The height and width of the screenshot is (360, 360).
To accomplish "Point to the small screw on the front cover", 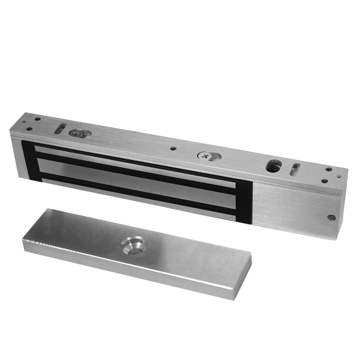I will pos(330,217).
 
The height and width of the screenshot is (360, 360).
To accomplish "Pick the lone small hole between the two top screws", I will pos(174,148).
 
